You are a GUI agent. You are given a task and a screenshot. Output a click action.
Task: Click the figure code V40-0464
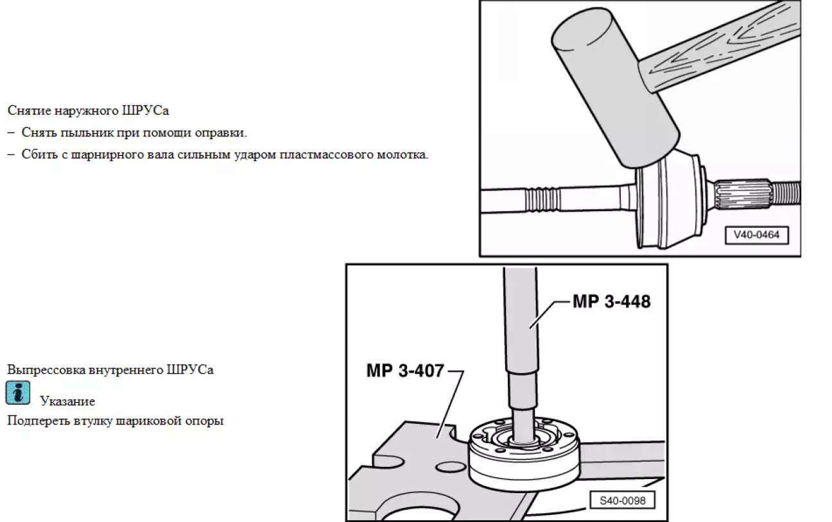point(757,235)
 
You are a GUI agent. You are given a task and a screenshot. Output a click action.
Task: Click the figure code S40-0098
point(623,501)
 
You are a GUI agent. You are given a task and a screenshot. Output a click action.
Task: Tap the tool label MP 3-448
point(611,301)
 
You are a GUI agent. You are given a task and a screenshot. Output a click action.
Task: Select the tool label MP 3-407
point(405,370)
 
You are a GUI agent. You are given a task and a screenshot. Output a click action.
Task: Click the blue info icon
point(18,392)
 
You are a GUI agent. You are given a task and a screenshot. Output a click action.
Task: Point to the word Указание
point(67,401)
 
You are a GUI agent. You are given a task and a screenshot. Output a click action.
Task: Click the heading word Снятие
point(29,110)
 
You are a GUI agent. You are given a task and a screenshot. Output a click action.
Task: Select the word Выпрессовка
point(46,369)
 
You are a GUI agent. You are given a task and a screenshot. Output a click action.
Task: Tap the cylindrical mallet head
point(616,88)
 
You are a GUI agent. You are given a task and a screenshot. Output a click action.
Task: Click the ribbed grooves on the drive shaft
point(542,200)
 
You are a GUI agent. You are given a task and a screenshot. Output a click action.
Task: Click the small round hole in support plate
point(451,467)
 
